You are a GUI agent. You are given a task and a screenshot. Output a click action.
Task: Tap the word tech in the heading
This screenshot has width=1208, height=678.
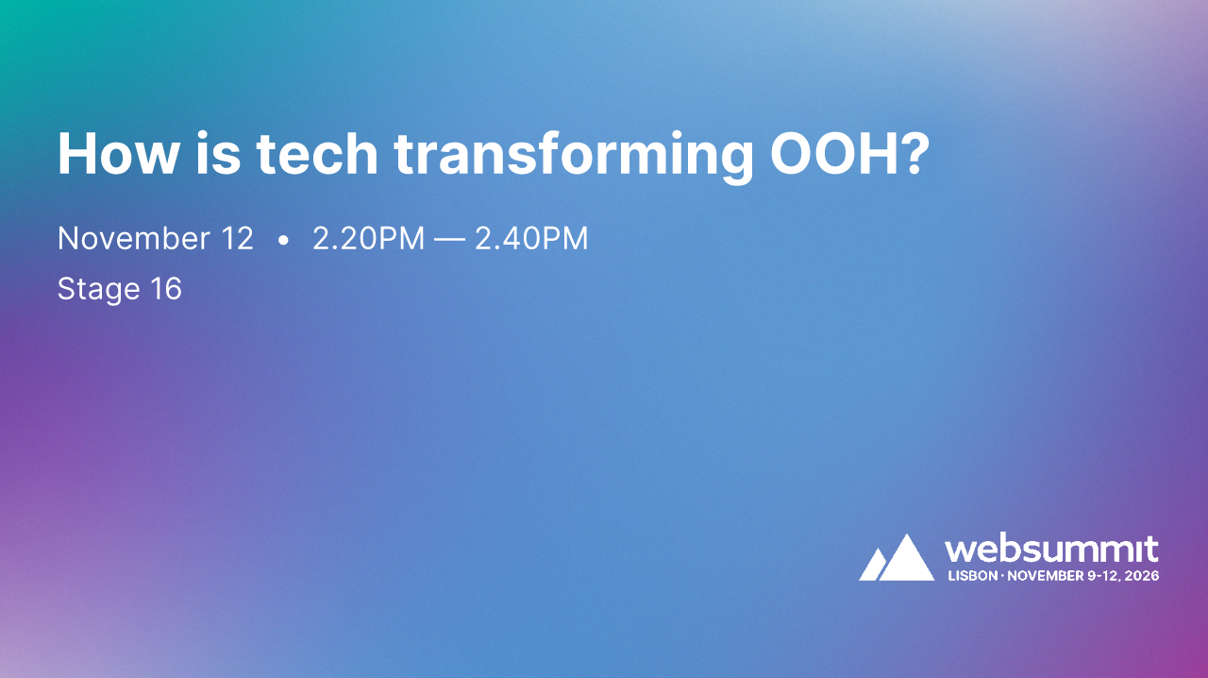coord(315,153)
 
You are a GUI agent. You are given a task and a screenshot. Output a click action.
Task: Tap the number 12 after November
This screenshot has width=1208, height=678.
coord(238,239)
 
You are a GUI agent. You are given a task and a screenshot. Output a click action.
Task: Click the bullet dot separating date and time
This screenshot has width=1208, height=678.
coord(284,242)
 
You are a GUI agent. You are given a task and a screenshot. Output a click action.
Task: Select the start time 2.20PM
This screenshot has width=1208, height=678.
coord(369,239)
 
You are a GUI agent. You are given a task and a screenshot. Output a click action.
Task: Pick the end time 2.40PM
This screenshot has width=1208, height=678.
coord(531,239)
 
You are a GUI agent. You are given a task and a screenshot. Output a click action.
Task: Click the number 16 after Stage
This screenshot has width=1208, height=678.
coord(166,288)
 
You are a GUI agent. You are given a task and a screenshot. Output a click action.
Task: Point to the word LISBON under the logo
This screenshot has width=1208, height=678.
coord(971,575)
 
